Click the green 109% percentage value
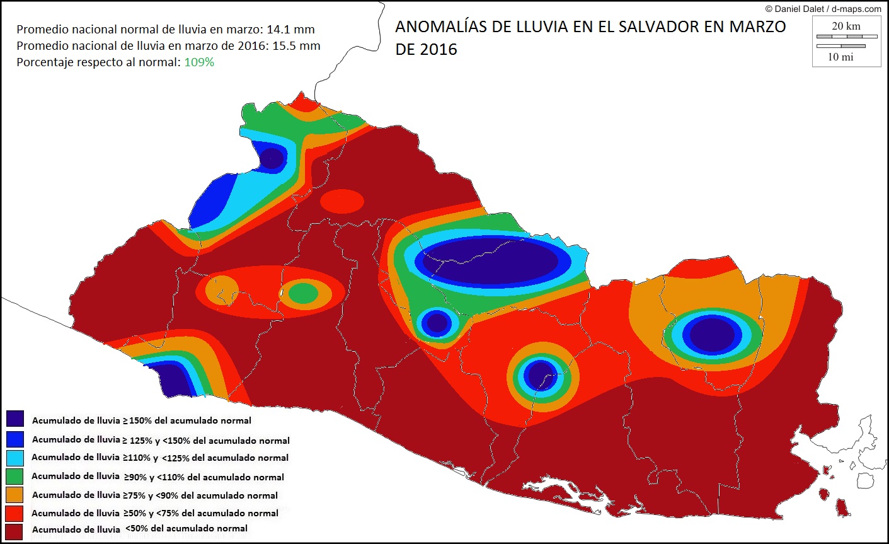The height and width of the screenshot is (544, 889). pyautogui.click(x=199, y=62)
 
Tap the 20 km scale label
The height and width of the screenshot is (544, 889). pyautogui.click(x=846, y=26)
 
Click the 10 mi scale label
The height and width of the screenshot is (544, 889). pyautogui.click(x=840, y=57)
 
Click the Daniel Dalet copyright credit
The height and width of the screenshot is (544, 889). pyautogui.click(x=823, y=9)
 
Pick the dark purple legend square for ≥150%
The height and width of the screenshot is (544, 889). pyautogui.click(x=15, y=419)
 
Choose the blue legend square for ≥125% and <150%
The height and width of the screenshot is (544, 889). pyautogui.click(x=15, y=439)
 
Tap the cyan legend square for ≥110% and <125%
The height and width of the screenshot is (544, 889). pyautogui.click(x=15, y=458)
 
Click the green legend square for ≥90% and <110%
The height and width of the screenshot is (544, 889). pyautogui.click(x=15, y=477)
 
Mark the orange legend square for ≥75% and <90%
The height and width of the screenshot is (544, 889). pyautogui.click(x=15, y=495)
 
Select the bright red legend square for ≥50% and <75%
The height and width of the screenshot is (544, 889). pyautogui.click(x=15, y=513)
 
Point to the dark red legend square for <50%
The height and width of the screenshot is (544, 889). pyautogui.click(x=15, y=531)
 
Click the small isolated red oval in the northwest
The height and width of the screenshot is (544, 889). pyautogui.click(x=341, y=202)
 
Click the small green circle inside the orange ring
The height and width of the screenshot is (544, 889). pyautogui.click(x=304, y=293)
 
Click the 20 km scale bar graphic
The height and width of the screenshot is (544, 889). pyautogui.click(x=847, y=37)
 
